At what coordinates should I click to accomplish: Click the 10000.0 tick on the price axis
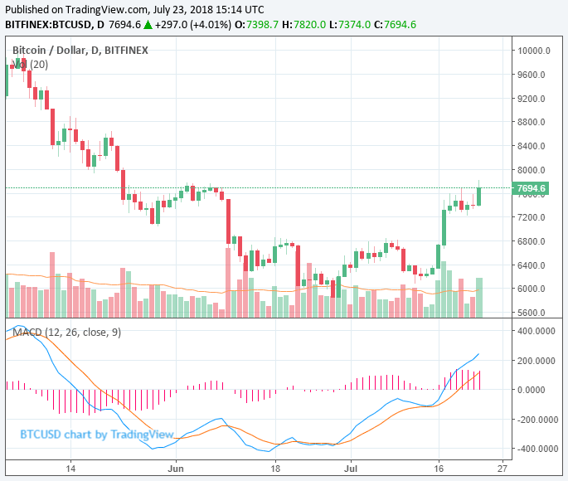[535, 51]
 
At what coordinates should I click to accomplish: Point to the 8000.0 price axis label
[535, 170]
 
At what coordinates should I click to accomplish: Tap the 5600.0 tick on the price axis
[535, 313]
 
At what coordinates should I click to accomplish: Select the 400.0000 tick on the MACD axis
[536, 330]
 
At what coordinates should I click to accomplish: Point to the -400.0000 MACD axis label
[536, 449]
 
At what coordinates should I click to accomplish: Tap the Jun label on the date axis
[176, 468]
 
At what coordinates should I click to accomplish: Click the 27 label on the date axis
[502, 468]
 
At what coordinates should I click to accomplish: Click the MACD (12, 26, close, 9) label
[66, 332]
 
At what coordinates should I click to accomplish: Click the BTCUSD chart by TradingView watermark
[96, 434]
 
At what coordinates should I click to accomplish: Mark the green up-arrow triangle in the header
[148, 24]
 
